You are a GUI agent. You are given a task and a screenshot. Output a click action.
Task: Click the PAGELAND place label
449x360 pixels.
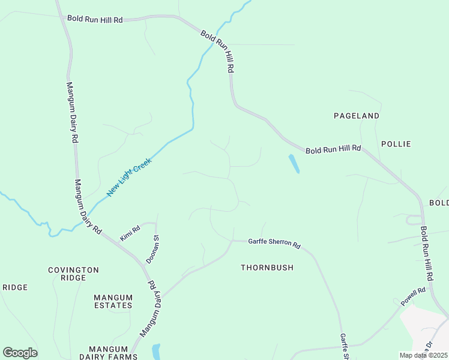click(357, 115)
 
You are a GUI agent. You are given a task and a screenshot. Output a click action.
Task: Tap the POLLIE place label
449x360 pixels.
click(396, 144)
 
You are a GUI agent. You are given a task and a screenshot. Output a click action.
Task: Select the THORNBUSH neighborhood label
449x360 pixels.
click(267, 268)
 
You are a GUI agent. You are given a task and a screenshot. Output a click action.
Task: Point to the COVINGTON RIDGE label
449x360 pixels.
click(73, 274)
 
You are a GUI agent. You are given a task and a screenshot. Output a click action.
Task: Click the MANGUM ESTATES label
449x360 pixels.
click(113, 301)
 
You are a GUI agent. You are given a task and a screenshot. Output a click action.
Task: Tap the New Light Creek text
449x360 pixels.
click(129, 178)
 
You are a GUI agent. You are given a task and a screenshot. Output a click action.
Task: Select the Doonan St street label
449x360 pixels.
click(152, 250)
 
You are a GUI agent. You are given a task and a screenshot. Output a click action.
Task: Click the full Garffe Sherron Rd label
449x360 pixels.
click(274, 243)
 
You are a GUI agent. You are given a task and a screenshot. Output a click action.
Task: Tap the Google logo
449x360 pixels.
click(20, 353)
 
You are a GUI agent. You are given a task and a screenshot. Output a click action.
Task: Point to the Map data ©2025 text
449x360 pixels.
click(423, 355)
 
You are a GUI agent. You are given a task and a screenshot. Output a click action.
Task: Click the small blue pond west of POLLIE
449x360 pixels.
click(294, 164)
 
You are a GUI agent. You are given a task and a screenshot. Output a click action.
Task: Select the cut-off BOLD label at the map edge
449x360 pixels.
click(439, 203)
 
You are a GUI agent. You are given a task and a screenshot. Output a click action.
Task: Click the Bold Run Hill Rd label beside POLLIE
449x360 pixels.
click(333, 149)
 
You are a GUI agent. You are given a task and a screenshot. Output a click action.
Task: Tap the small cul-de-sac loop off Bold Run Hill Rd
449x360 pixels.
click(414, 220)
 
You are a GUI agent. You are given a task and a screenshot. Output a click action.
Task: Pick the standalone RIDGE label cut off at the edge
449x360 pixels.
click(14, 287)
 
